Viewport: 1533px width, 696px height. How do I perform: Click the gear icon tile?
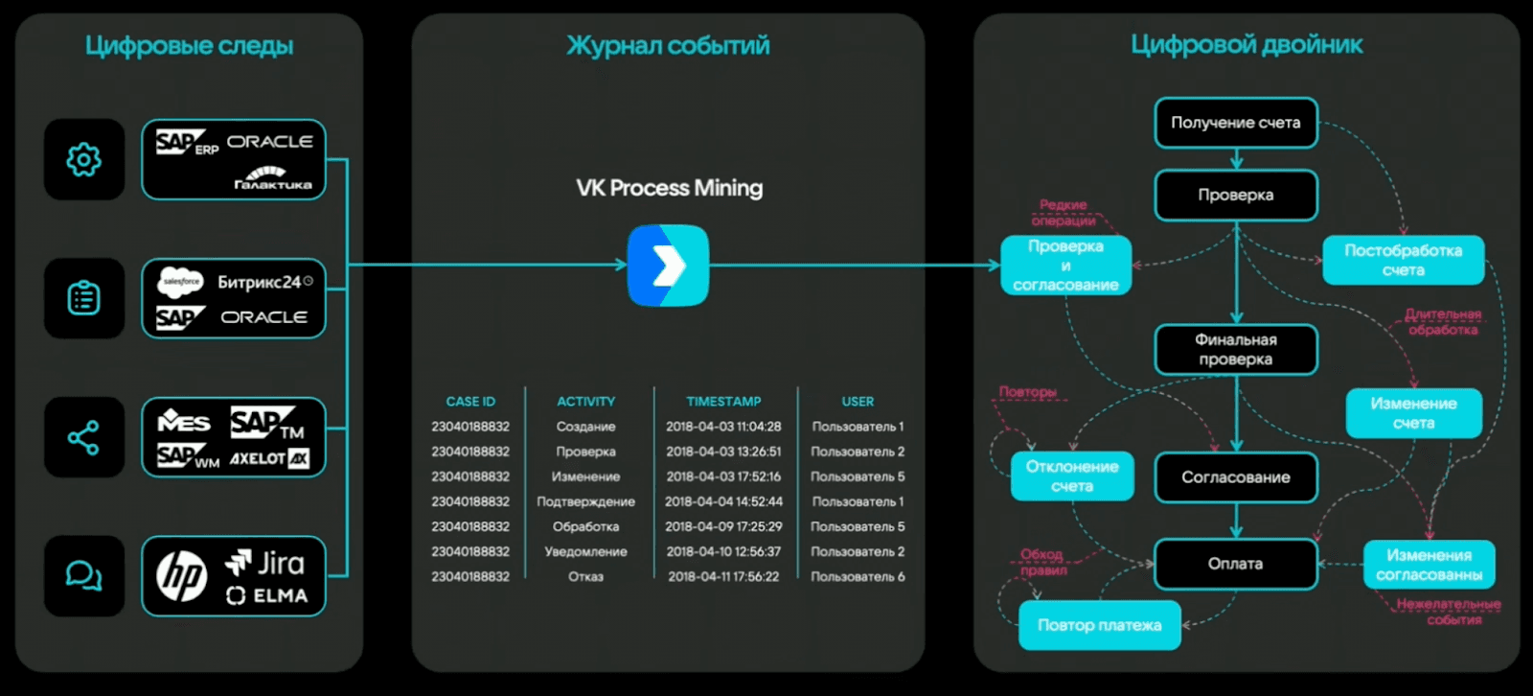(84, 159)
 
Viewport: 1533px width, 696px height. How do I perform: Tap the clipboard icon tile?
(84, 298)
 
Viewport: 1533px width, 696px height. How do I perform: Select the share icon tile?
(84, 437)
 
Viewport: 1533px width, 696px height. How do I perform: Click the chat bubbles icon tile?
(84, 575)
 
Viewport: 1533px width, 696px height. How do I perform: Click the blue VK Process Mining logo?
(669, 266)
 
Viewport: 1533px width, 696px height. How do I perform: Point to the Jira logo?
(265, 563)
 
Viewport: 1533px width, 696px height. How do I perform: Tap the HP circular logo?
(182, 576)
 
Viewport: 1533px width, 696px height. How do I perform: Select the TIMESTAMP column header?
(723, 402)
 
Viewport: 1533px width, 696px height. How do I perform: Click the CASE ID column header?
(470, 402)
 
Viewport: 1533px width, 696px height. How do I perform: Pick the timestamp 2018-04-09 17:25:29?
(723, 526)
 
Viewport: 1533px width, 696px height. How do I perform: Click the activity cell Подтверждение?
(585, 501)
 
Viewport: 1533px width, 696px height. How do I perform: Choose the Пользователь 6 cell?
(858, 576)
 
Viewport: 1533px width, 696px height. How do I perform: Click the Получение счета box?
(1236, 123)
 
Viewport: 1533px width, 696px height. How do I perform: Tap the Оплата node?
(1236, 564)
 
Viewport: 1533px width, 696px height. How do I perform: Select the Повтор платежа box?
(1099, 625)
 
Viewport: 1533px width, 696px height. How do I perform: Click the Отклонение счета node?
(1072, 476)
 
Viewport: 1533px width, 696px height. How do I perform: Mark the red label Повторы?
(1027, 392)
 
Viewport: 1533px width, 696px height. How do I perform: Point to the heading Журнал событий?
(668, 45)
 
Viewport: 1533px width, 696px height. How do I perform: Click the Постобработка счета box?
(1403, 260)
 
